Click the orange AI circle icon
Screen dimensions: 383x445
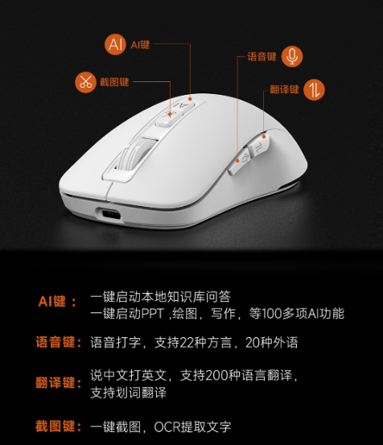(x=115, y=44)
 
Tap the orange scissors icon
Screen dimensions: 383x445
(x=85, y=82)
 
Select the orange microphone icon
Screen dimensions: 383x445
(x=292, y=56)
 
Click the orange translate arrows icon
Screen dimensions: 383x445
(x=314, y=89)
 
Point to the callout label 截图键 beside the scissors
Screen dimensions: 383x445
(x=114, y=82)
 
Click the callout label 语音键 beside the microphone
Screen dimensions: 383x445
(x=262, y=56)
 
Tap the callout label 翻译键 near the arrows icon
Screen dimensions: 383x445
(x=284, y=89)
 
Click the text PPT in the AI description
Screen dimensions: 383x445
(x=153, y=314)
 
